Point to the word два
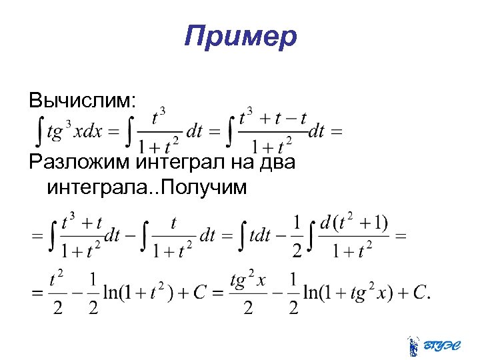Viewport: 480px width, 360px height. pyautogui.click(x=273, y=161)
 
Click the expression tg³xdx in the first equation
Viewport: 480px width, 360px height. pyautogui.click(x=74, y=131)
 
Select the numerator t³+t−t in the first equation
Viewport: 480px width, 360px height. pyautogui.click(x=273, y=118)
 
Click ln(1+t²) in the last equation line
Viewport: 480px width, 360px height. pyautogui.click(x=140, y=292)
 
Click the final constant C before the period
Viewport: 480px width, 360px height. pyautogui.click(x=420, y=292)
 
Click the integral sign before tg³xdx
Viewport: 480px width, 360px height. pyautogui.click(x=39, y=131)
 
